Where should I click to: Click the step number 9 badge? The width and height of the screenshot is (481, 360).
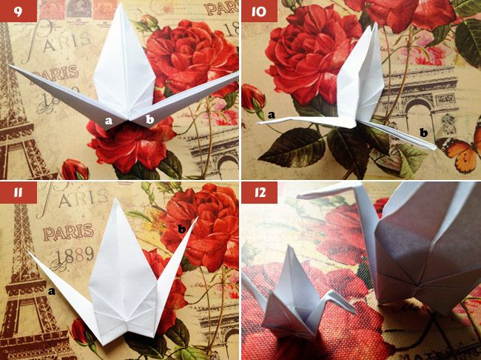point(18,11)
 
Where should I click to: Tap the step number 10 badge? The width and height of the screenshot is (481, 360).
point(259,11)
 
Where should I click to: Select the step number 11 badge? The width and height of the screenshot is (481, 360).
point(18,193)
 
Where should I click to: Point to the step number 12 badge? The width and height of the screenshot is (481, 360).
point(259,193)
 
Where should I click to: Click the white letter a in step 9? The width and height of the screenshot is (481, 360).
point(109,121)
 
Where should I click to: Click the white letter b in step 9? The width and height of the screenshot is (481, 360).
point(149,119)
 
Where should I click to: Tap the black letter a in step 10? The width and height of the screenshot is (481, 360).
point(271,116)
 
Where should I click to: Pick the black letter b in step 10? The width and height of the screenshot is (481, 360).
point(423,133)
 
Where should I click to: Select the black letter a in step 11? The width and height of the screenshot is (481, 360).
point(52,291)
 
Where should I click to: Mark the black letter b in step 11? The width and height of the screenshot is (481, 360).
point(181,229)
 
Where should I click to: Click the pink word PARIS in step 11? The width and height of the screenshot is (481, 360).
point(68,232)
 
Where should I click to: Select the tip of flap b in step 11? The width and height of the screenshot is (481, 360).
point(198,217)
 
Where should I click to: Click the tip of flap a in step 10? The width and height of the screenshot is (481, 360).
point(258,123)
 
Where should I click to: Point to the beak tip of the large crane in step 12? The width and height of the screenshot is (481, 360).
point(298,196)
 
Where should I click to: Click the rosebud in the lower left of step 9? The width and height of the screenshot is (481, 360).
point(75,169)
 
